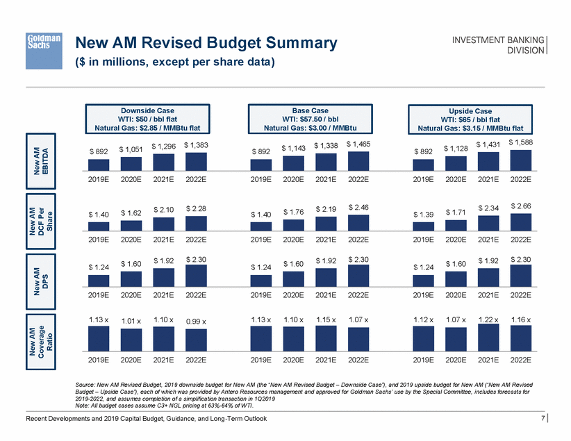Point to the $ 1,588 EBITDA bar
pos(521,160)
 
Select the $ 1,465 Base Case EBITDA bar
pos(358,160)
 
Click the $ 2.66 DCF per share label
pos(521,206)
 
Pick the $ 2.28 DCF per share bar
pos(197,223)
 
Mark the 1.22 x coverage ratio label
pos(488,319)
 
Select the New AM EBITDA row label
pos(45,158)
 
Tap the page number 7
pos(541,419)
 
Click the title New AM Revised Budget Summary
pos(205,43)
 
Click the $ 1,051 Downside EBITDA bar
pos(131,163)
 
